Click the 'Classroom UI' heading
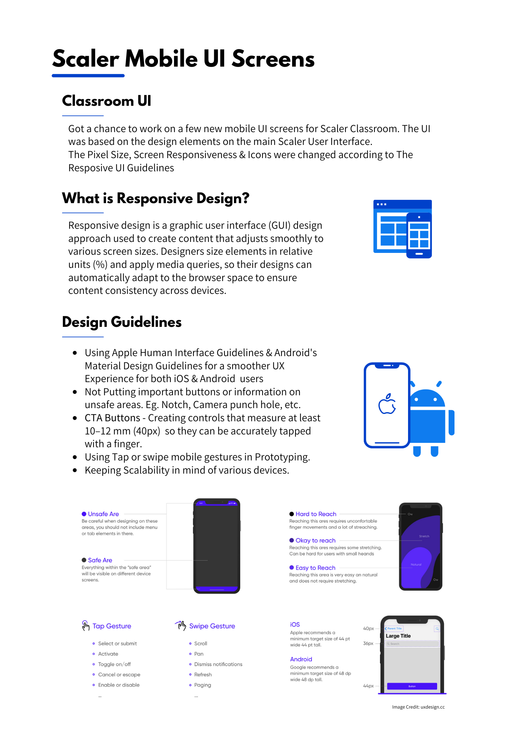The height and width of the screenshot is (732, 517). tap(106, 101)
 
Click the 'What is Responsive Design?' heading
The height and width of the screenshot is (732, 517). tap(155, 198)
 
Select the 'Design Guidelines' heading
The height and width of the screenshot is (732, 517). tap(122, 322)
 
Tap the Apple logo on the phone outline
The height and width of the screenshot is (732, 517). tap(387, 404)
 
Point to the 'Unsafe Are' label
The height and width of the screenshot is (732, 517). tap(103, 514)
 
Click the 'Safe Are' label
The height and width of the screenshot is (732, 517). tap(100, 560)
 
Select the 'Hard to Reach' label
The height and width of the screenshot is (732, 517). tap(316, 514)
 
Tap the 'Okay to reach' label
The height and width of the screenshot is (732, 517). tap(315, 540)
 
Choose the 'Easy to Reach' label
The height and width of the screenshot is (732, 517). tap(315, 568)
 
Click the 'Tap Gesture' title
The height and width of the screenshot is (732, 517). tap(112, 626)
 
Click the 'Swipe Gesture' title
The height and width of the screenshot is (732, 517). tap(212, 626)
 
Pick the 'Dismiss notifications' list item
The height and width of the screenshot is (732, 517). tap(218, 664)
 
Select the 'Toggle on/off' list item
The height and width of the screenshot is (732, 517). tap(114, 664)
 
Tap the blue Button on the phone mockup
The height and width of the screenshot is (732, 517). tap(412, 686)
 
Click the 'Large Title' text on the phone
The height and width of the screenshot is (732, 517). tap(398, 636)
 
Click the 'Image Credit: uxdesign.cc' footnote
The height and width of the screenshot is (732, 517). tap(418, 707)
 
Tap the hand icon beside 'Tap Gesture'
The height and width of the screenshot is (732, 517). tap(86, 625)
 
